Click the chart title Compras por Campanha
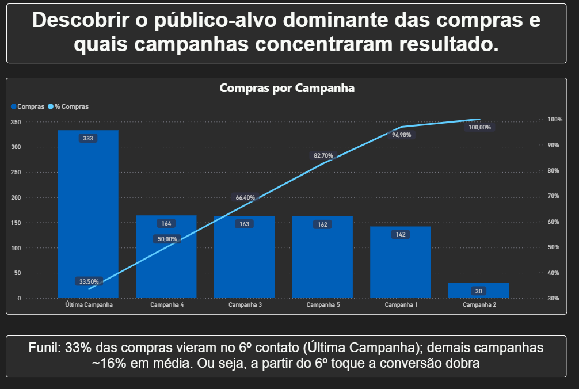pyautogui.click(x=287, y=89)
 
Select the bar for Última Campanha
pyautogui.click(x=88, y=219)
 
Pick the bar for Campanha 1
pyautogui.click(x=401, y=265)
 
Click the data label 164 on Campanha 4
pyautogui.click(x=166, y=223)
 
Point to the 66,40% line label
pyautogui.click(x=245, y=197)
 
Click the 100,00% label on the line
pyautogui.click(x=479, y=128)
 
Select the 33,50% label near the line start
pyautogui.click(x=89, y=281)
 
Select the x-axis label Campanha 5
pyautogui.click(x=323, y=304)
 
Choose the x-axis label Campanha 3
pyautogui.click(x=245, y=304)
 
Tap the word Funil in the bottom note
pyautogui.click(x=45, y=349)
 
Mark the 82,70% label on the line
pyautogui.click(x=323, y=155)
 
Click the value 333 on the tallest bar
pyautogui.click(x=88, y=138)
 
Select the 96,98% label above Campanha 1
pyautogui.click(x=402, y=135)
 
